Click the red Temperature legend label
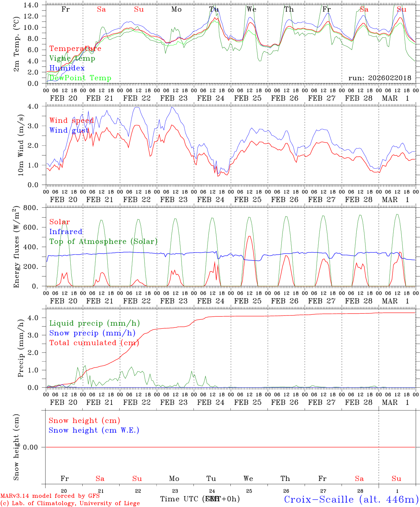tap(75, 49)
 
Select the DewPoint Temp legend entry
tap(80, 78)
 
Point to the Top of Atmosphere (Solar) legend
tap(103, 242)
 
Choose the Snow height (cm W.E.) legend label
tap(94, 430)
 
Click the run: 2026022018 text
tap(380, 78)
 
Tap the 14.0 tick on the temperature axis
tap(32, 5)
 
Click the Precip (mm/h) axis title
tap(21, 348)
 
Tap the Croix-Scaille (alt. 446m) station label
tap(351, 499)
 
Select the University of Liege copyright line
tap(70, 503)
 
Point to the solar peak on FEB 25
tap(249, 236)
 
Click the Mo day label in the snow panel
tap(174, 478)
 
